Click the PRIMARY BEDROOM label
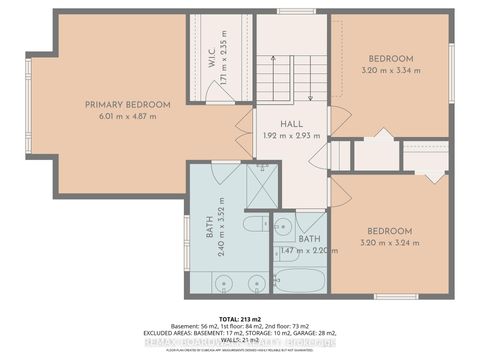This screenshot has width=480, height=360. coord(127,104)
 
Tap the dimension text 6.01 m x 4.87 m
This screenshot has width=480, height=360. coord(127,116)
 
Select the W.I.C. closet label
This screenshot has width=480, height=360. coord(211,57)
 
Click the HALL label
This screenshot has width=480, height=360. coord(291,123)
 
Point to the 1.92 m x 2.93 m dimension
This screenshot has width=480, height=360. coord(291,135)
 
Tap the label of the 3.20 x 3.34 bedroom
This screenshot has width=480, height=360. coord(390,59)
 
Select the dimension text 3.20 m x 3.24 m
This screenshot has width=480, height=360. coord(390,241)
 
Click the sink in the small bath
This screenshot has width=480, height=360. coord(282,224)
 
